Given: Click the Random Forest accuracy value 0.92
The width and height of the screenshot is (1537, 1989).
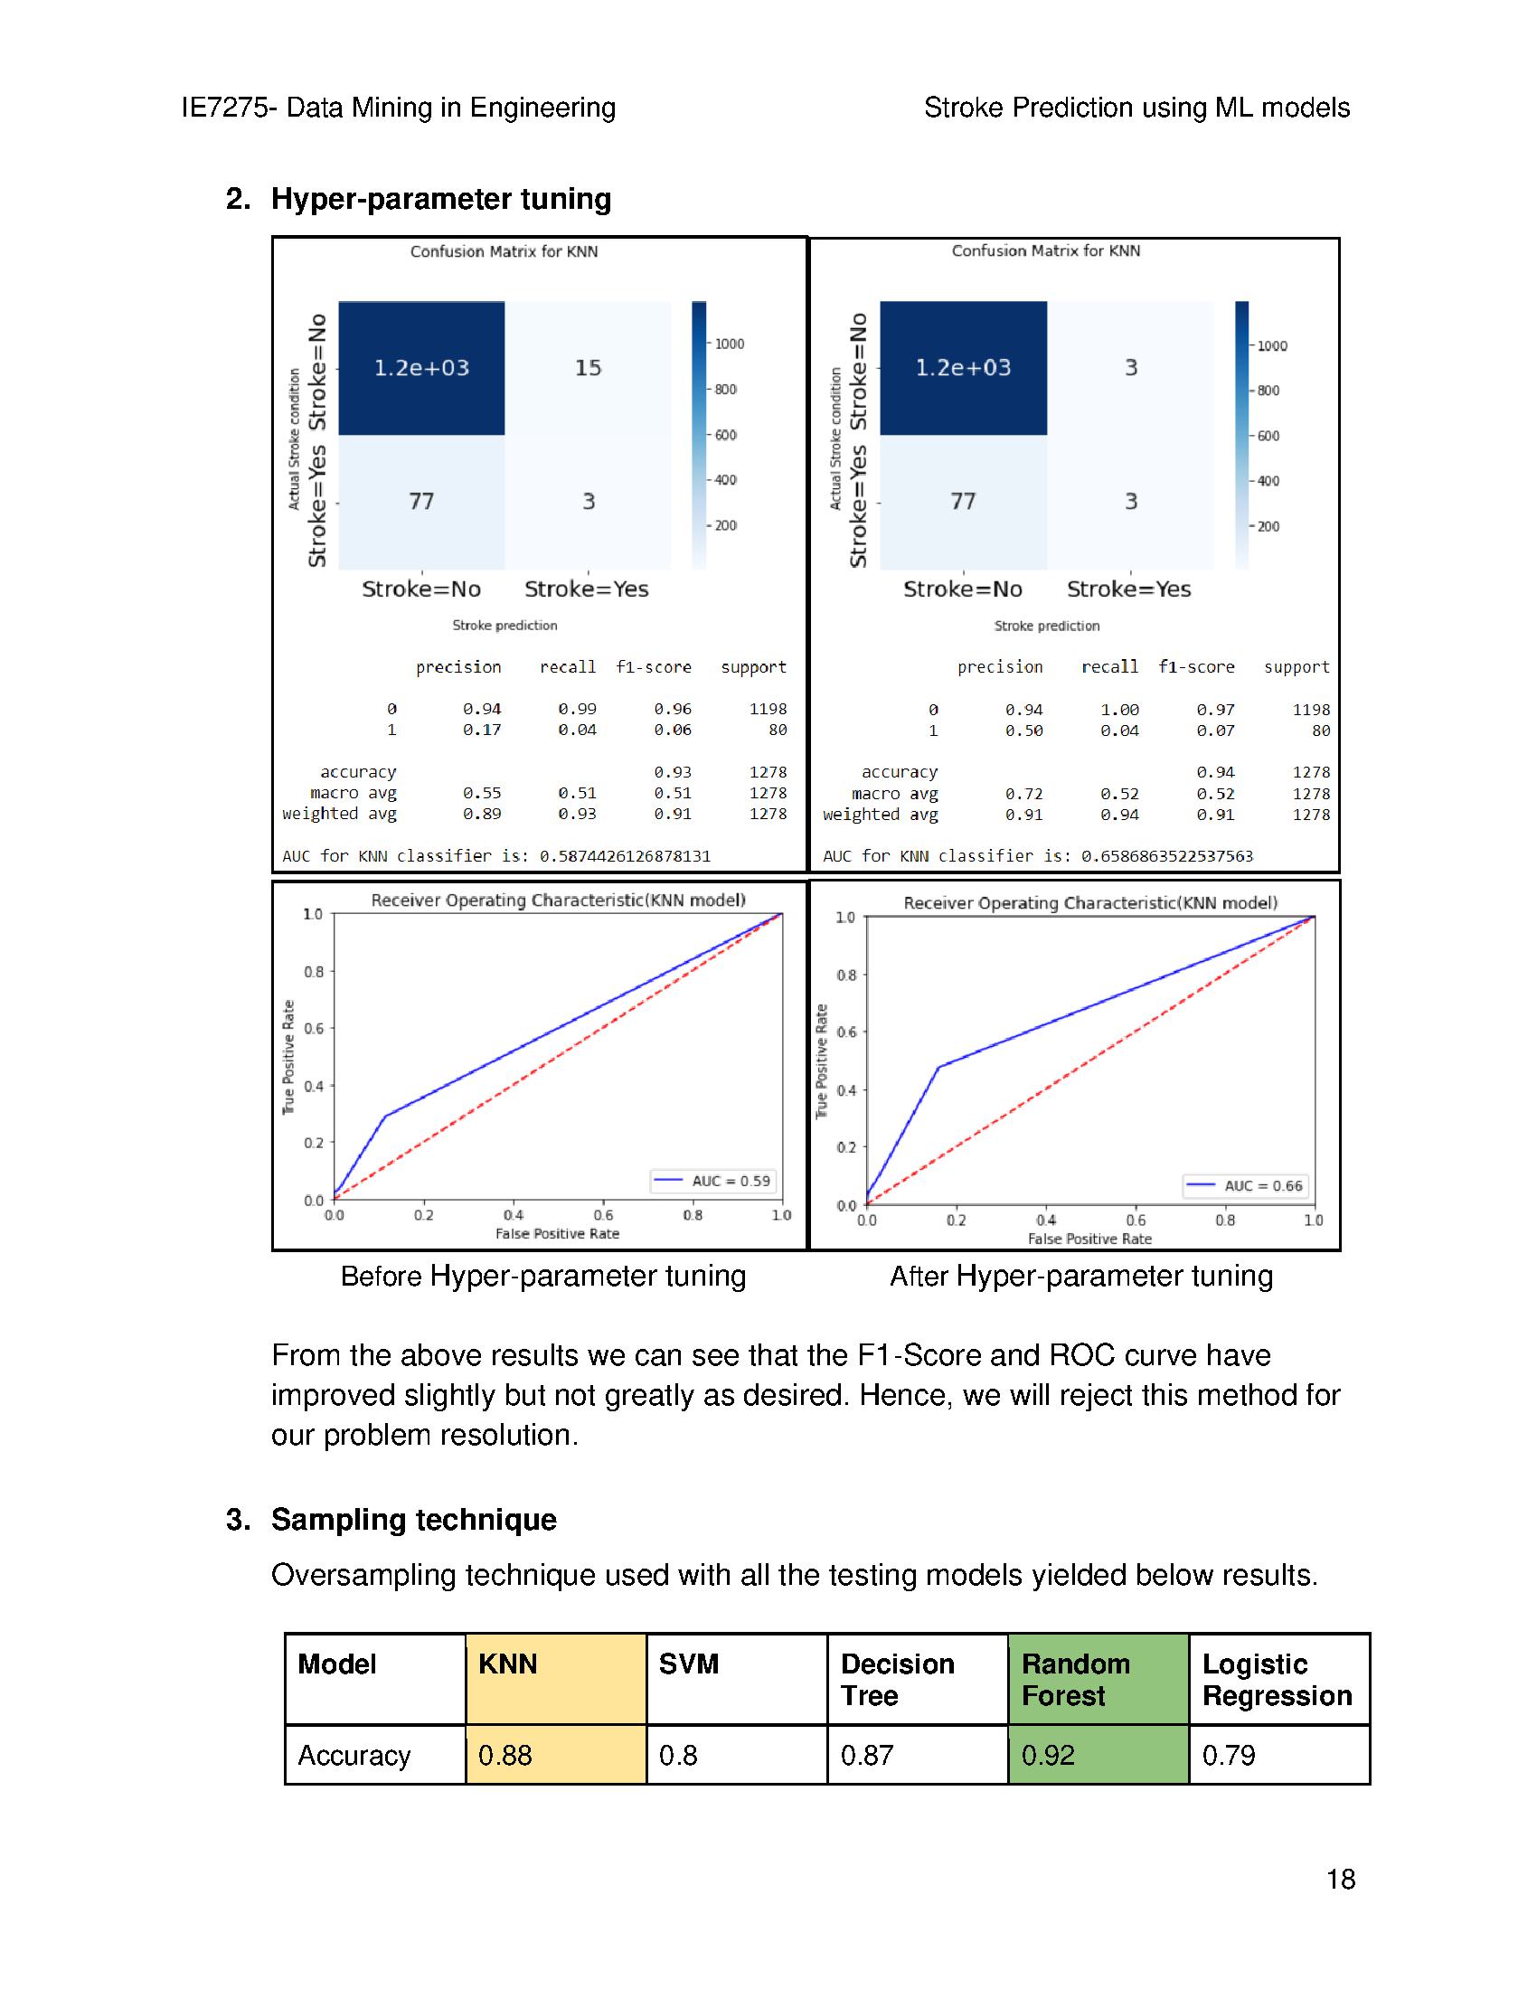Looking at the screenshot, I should pos(1047,1754).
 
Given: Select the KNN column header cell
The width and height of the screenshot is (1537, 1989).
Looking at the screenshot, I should pos(555,1679).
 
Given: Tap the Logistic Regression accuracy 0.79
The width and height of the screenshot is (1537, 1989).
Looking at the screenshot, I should pos(1229,1754).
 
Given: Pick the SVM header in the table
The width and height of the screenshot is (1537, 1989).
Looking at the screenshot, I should pos(689,1664).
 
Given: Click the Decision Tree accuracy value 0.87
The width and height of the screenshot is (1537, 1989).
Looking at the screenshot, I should pos(866,1754).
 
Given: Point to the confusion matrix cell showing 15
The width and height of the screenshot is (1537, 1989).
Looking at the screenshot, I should pos(588,368).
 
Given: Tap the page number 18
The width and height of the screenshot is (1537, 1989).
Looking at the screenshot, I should pos(1340,1879).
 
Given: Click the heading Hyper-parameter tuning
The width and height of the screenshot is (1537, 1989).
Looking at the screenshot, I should pos(440,199).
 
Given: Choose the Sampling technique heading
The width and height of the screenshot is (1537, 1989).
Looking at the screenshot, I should pos(413,1519).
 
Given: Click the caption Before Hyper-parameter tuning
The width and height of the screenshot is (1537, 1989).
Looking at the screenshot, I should pos(542,1276).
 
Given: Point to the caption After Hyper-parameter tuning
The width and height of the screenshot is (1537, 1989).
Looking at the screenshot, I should pos(1080,1276).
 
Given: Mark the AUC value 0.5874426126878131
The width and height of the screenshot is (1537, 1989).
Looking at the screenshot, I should pos(625,856).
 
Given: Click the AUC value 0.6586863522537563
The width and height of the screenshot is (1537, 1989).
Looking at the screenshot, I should pos(1166,856).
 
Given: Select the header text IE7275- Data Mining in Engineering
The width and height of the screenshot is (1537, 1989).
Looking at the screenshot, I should pos(398,108).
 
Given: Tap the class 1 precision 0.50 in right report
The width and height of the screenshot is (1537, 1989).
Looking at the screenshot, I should pos(1023,731).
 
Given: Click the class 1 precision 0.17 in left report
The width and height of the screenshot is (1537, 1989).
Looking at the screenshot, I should pos(482,730).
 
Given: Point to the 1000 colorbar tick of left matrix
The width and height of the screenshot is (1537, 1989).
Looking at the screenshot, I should pos(729,344).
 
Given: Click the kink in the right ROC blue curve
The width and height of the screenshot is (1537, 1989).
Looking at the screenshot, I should pos(938,1067).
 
